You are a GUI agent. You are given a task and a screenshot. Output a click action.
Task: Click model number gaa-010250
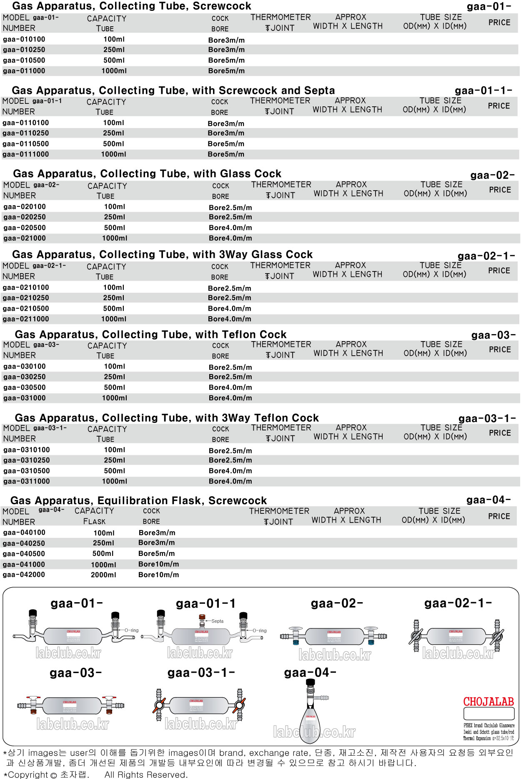24,50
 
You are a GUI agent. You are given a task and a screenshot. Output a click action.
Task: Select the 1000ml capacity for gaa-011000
114,71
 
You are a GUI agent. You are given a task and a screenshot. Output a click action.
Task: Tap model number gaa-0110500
25,144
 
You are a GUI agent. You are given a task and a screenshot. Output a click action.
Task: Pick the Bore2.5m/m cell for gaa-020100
230,207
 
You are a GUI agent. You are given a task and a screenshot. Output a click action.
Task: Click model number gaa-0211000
25,319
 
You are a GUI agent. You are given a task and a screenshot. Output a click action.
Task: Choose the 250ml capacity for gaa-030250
115,377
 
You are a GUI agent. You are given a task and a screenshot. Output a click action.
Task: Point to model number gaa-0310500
26,471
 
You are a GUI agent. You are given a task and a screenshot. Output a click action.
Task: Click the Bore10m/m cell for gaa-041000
158,564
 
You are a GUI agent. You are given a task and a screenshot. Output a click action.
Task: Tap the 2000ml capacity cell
103,575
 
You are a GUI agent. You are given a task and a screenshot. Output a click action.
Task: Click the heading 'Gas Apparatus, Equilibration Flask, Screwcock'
138,500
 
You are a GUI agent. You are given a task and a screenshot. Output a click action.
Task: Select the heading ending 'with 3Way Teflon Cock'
167,418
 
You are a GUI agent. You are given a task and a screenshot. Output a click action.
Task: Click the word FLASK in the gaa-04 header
94,522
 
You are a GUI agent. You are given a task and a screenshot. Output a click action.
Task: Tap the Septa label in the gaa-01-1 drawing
217,621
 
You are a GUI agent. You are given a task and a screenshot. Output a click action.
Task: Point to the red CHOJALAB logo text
488,702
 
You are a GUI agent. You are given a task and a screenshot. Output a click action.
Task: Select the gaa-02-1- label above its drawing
458,603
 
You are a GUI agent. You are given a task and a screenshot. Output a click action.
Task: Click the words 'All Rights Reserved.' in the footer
146,774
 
